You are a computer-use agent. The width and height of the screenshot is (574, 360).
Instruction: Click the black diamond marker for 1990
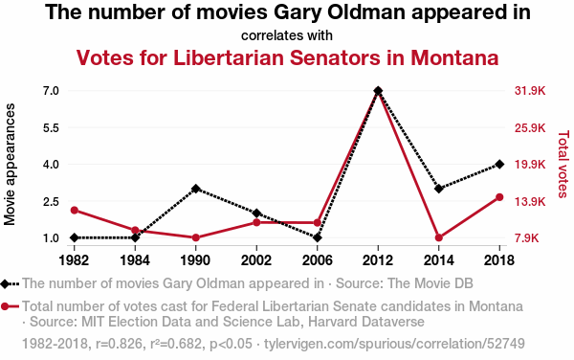tap(195, 189)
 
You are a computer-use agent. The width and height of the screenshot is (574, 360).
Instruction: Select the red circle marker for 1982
tap(75, 211)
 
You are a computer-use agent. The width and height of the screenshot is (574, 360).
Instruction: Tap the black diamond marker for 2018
tap(499, 164)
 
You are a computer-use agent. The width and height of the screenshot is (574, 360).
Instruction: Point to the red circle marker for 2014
tap(439, 237)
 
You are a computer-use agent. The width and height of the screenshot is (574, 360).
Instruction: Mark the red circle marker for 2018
tap(499, 197)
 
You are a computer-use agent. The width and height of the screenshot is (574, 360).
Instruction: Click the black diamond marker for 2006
tap(318, 237)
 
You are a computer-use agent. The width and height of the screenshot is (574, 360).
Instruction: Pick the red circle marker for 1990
tap(195, 237)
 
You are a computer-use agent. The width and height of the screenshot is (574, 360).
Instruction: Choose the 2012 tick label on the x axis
tap(378, 260)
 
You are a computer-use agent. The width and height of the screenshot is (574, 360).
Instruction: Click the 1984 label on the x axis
tap(135, 260)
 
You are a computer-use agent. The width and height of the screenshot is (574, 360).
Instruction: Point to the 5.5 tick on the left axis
tap(52, 127)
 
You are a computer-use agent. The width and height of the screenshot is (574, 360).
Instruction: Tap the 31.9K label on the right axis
tap(530, 90)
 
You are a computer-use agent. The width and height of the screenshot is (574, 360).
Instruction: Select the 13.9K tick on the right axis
tap(530, 201)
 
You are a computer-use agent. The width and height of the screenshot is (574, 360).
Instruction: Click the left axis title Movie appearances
tap(10, 164)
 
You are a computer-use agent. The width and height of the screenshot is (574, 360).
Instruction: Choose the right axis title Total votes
tap(563, 164)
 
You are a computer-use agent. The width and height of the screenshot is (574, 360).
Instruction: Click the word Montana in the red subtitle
tap(454, 57)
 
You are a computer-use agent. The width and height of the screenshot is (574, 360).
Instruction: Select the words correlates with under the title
tap(287, 35)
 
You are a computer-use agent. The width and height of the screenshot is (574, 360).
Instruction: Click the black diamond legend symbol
tap(5, 283)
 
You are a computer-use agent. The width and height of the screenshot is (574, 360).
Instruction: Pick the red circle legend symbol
tap(5, 306)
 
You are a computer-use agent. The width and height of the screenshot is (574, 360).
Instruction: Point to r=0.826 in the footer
tap(119, 344)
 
